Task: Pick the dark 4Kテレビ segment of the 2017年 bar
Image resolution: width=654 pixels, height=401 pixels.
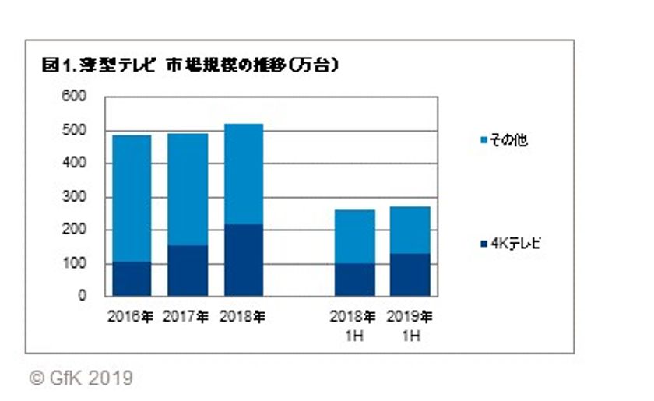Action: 187,271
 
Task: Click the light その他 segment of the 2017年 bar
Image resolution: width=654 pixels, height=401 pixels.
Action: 187,189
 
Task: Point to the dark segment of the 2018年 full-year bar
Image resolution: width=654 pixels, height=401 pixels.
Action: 243,260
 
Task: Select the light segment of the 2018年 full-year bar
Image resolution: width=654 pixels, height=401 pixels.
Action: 243,174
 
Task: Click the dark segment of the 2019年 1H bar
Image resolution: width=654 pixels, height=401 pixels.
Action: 409,275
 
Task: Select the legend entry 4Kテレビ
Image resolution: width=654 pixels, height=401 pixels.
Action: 510,244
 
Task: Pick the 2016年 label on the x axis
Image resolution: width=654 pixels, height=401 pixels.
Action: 131,317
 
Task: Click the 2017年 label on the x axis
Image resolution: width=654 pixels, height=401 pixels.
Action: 187,317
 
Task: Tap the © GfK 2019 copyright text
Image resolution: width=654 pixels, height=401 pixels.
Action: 81,379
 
